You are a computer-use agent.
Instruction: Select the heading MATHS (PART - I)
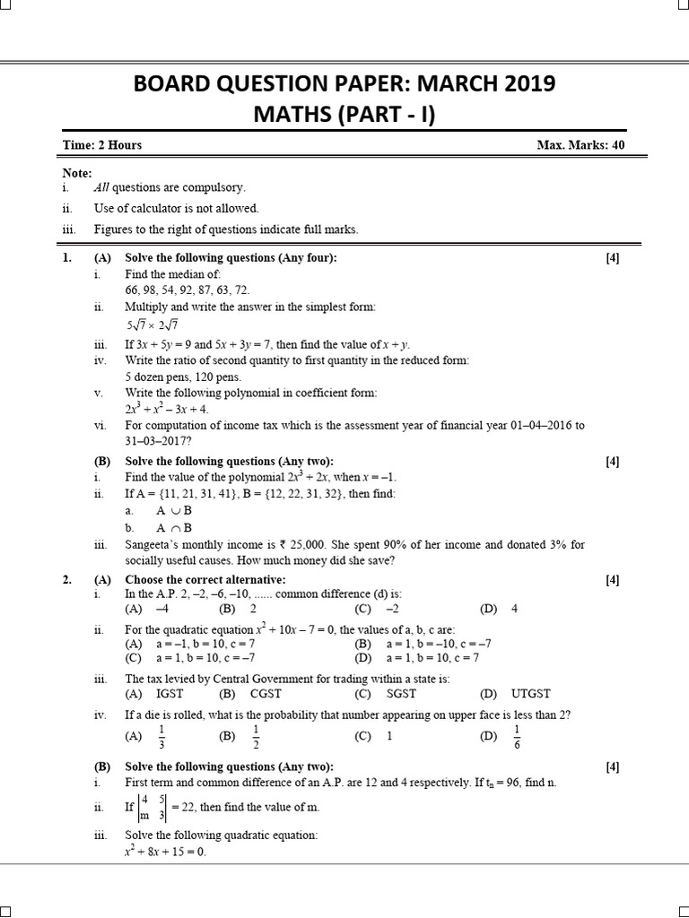[344, 116]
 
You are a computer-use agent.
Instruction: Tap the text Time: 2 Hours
[102, 144]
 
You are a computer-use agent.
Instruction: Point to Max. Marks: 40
[580, 144]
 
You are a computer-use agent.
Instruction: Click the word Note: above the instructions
[77, 172]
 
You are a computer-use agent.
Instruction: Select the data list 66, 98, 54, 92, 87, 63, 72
[188, 290]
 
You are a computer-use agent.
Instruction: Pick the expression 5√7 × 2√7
[153, 325]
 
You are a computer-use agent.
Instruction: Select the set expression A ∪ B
[174, 510]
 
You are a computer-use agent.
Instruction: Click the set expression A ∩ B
[174, 528]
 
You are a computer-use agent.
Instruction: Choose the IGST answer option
[169, 694]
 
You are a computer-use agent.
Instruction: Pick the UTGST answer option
[531, 694]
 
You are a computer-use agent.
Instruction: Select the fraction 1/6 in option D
[516, 737]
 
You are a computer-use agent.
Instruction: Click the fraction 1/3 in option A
[161, 737]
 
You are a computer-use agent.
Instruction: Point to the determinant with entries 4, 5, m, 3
[152, 808]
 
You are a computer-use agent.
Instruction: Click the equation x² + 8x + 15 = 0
[165, 851]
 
